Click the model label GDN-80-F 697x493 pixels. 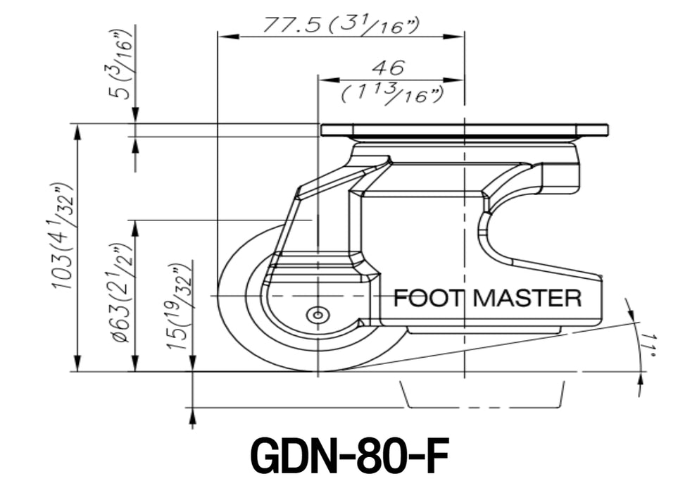[350, 456]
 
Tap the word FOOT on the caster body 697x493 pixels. [429, 297]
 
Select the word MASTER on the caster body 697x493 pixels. [527, 297]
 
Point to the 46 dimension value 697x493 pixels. [389, 68]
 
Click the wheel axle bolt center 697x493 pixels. [318, 316]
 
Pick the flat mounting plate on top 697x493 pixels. [465, 130]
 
